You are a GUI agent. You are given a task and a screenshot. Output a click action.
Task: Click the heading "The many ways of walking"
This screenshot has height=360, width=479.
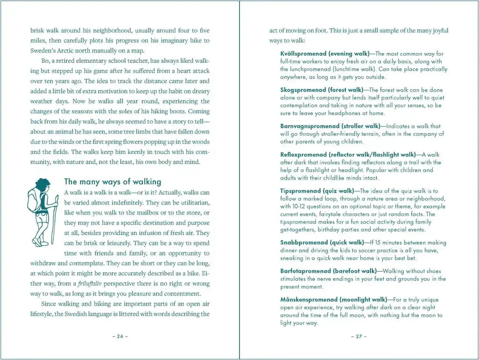112,182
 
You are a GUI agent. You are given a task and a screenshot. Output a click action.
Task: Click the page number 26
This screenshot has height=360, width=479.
120,336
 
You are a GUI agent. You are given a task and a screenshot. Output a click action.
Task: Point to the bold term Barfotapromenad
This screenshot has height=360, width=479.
305,271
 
